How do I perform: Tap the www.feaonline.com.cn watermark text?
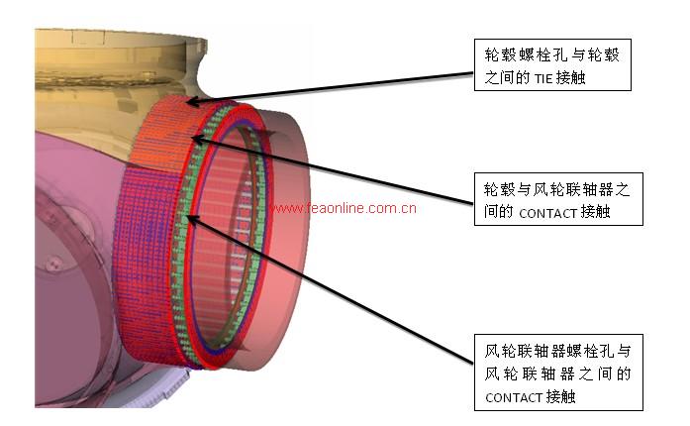click(x=344, y=208)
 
